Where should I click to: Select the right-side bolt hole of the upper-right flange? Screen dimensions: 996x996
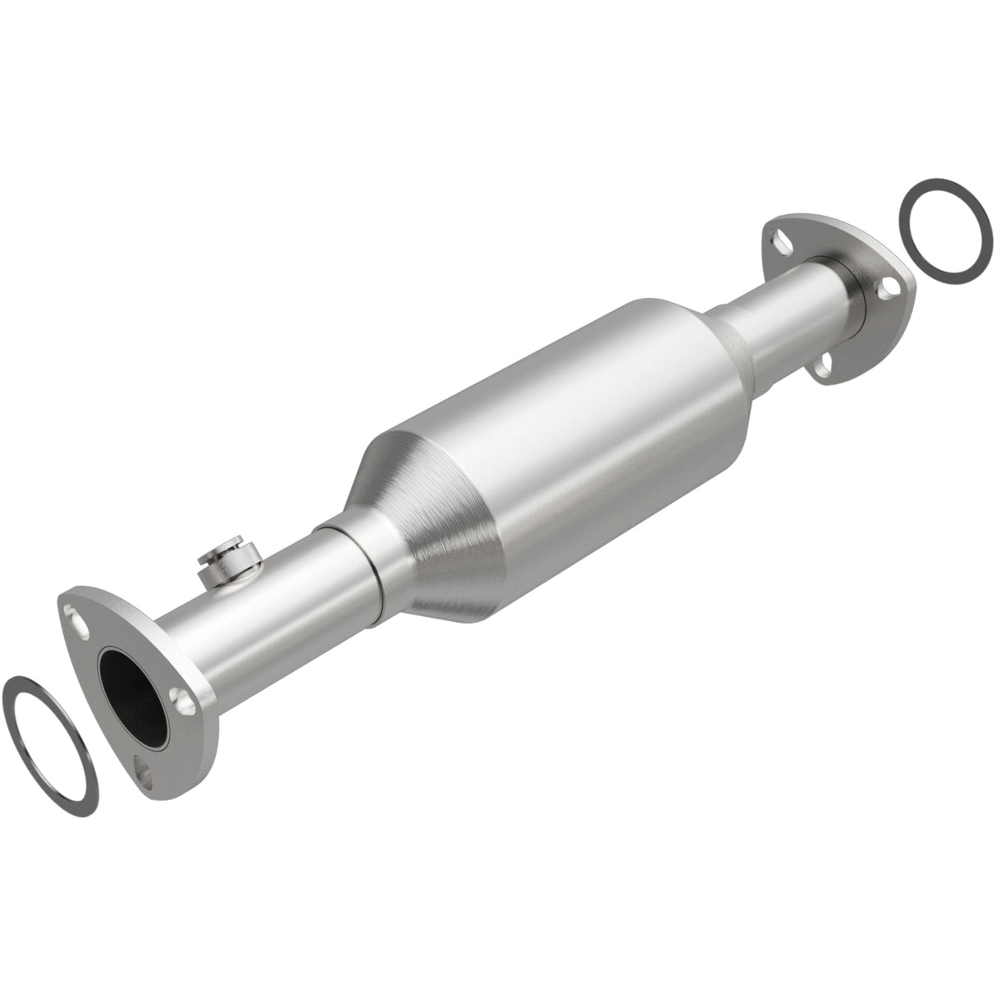click(884, 290)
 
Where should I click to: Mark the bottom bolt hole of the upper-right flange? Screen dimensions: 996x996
click(827, 366)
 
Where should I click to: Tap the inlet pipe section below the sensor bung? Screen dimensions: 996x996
click(271, 615)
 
